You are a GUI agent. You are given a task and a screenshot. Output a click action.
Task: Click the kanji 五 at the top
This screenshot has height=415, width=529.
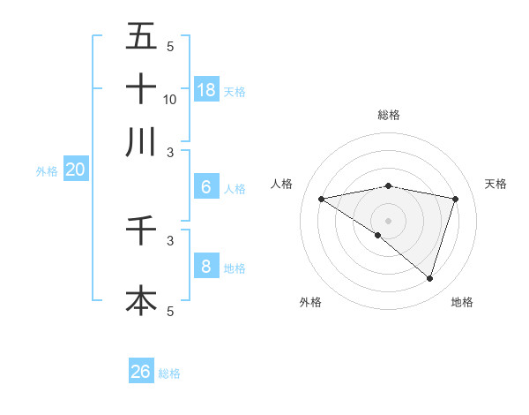pos(141,37)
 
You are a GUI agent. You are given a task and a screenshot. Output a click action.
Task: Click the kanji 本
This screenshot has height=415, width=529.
pos(141,300)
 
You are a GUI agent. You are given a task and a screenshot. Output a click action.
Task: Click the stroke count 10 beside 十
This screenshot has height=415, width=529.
pos(170,99)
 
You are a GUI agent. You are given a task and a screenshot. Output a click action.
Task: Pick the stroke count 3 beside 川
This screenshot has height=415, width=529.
pos(170,153)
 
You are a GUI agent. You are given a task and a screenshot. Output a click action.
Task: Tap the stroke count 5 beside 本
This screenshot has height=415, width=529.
pos(170,311)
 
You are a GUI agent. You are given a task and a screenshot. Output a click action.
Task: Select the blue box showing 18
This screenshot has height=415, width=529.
pos(206,89)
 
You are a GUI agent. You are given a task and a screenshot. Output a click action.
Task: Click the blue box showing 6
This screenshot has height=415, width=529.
pos(206,187)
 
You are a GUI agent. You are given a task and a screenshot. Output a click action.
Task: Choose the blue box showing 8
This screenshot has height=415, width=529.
pos(206,266)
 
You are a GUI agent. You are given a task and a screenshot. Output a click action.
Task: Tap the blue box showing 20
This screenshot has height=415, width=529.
pos(75,170)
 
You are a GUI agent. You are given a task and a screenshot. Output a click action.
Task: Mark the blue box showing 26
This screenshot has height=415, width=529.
pos(141,372)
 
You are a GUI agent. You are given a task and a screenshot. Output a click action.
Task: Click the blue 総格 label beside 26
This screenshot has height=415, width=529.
pos(169,373)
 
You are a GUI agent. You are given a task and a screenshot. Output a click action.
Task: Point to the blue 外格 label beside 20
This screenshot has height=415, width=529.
pos(47,172)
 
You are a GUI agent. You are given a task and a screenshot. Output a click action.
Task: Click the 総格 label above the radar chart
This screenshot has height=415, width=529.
pos(389,115)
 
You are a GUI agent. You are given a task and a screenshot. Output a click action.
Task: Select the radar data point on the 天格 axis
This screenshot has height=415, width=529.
pos(456,199)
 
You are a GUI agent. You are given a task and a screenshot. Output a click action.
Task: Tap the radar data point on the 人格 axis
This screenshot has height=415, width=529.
pos(321,199)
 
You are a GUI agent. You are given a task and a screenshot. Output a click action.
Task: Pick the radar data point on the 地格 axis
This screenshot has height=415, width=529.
pos(429,278)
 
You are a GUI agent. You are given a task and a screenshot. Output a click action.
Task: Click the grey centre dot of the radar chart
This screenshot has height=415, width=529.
pos(389,220)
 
